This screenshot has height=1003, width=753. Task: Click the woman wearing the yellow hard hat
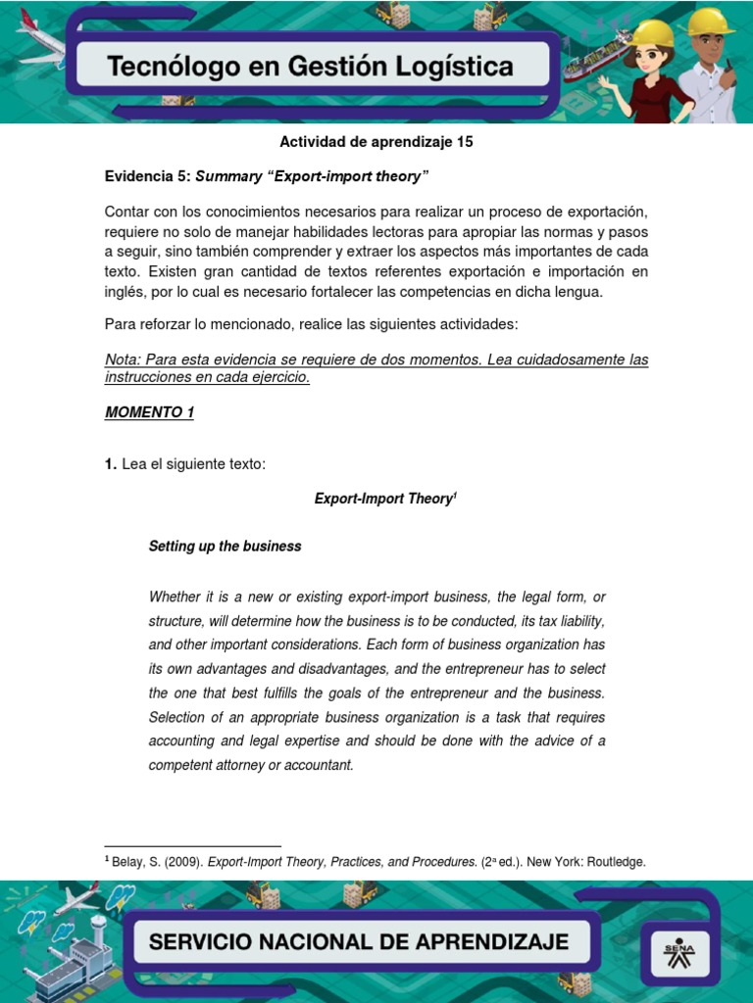click(651, 69)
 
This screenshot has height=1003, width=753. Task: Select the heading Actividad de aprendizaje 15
click(376, 142)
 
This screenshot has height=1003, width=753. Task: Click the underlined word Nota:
click(124, 360)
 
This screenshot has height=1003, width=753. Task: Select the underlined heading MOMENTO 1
click(149, 412)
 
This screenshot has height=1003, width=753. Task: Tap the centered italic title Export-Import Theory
click(382, 499)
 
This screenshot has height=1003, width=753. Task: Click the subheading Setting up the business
click(225, 547)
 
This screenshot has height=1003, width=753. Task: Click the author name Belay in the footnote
click(128, 862)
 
